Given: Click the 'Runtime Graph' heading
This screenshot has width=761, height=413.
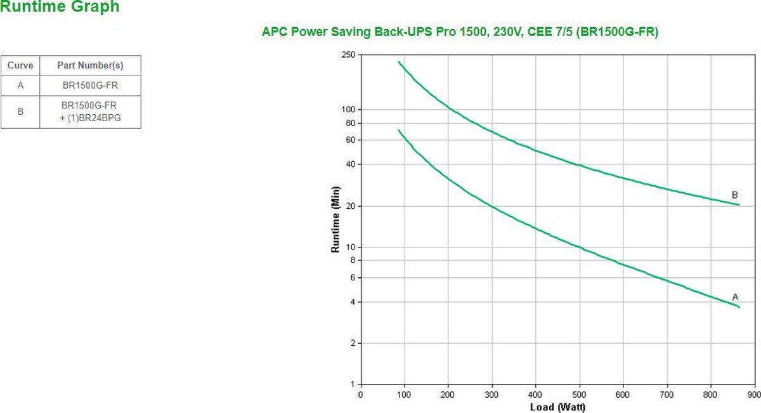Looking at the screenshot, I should [60, 8].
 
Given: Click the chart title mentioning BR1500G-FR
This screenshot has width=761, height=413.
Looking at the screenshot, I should [460, 32].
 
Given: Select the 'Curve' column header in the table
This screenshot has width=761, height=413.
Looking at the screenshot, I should [20, 65].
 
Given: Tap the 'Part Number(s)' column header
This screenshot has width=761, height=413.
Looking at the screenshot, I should [90, 65].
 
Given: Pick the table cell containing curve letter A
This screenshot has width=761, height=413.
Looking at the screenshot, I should [20, 86].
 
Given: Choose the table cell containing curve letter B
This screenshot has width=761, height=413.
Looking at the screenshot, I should [20, 112].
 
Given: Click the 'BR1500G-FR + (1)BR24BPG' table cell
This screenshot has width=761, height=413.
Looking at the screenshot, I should [90, 112].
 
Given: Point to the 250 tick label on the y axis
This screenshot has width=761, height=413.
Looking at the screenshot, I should [348, 55].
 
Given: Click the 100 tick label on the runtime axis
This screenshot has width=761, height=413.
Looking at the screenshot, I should [348, 110].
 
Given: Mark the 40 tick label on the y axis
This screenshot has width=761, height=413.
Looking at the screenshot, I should [349, 164].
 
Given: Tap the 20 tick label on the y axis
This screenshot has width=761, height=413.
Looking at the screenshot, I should [349, 206].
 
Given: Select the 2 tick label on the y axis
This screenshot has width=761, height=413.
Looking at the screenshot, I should [352, 343].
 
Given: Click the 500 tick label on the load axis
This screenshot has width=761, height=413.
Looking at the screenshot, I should [580, 394].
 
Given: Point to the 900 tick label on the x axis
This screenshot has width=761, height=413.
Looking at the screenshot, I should [755, 394].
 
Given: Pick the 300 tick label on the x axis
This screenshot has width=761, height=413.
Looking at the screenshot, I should [492, 394].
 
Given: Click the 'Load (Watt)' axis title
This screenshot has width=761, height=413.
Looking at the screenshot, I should [557, 407].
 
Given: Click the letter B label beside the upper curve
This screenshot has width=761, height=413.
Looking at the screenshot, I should [734, 195].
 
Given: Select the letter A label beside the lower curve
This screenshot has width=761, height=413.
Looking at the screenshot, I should [735, 296].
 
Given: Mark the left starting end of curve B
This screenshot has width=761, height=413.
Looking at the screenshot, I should [399, 62].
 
